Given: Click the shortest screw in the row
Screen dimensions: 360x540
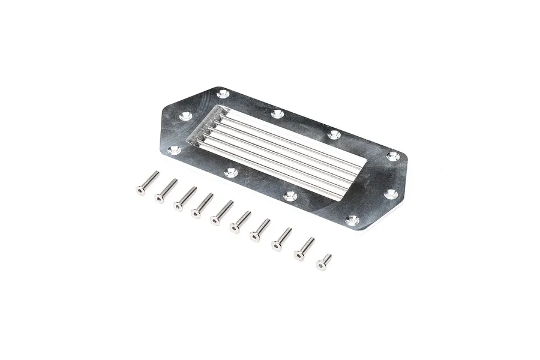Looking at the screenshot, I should coord(324,262).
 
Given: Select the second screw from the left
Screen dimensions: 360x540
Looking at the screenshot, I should coord(166,191).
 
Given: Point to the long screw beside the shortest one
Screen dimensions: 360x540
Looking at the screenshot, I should coord(304,248).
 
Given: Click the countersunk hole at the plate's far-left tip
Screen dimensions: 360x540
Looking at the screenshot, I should coord(174,149).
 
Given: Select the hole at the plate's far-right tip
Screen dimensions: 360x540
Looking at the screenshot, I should coord(392,156).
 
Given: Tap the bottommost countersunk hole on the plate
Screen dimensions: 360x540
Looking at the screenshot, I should coord(353,220).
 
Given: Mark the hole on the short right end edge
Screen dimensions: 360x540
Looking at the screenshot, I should coord(390,194).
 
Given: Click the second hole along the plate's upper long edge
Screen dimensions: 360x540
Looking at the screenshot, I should coord(277,113).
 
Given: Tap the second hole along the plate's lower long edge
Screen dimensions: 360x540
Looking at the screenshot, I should coord(231,173).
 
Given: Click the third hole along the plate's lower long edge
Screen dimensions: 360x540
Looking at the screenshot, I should coord(290,196).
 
